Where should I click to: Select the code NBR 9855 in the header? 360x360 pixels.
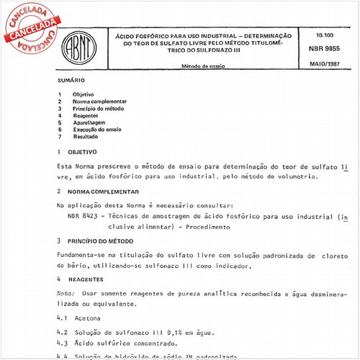point(323,49)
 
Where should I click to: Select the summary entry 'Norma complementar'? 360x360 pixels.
point(99,102)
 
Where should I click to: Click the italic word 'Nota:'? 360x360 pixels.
point(66,294)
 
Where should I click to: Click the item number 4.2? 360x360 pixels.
point(62,333)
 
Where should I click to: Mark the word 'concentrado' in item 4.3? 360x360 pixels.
point(169,344)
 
